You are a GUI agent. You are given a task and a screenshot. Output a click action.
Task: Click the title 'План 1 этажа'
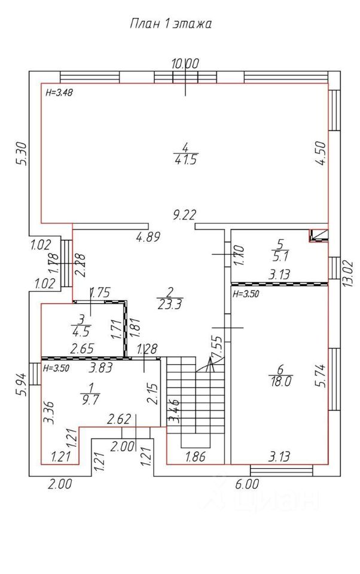(x=171, y=25)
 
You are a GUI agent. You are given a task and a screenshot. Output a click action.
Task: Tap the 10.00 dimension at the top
(x=185, y=63)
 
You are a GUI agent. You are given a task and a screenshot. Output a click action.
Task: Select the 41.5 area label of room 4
(x=185, y=160)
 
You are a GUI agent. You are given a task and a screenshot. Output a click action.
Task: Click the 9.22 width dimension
(x=184, y=214)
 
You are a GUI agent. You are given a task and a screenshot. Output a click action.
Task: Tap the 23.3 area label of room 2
(x=170, y=304)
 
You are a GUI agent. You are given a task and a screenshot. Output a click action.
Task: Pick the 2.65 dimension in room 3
(x=83, y=349)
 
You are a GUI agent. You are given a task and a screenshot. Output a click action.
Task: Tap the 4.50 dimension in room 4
(x=322, y=154)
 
